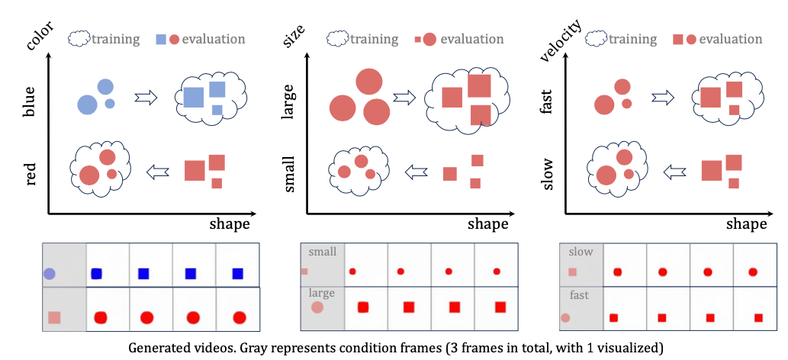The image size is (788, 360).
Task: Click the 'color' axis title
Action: point(34,34)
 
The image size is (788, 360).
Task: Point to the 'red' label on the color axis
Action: point(31,173)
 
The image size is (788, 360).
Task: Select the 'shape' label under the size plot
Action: point(487,223)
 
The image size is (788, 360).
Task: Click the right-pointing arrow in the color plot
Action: point(145,98)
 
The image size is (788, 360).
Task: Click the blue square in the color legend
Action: point(161,38)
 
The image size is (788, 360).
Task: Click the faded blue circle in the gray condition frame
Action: point(50,273)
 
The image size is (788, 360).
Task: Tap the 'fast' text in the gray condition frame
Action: point(579,294)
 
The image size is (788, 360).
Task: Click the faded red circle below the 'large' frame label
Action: point(317,307)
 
